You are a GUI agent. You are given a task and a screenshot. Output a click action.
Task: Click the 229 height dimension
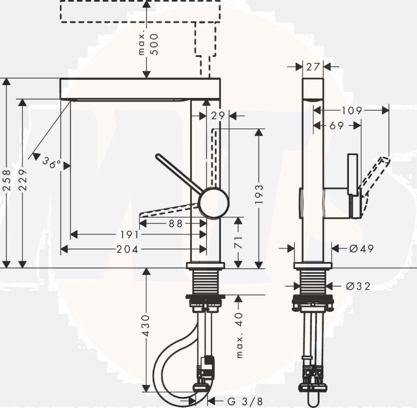click(23, 180)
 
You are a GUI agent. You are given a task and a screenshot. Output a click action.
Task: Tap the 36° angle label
click(51, 163)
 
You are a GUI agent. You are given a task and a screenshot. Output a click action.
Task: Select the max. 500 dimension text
click(149, 44)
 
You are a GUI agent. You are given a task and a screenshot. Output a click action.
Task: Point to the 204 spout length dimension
click(127, 249)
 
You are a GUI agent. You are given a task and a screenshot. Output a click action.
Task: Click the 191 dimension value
click(130, 235)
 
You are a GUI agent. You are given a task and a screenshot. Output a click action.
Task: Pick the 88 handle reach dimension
click(176, 224)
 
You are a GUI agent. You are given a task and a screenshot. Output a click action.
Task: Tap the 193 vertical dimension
click(259, 195)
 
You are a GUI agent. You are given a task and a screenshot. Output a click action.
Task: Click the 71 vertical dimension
click(239, 242)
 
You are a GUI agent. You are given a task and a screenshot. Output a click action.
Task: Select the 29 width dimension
click(218, 115)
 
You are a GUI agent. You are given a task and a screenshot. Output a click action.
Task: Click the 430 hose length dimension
click(146, 325)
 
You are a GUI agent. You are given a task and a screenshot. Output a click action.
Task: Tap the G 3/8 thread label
click(245, 401)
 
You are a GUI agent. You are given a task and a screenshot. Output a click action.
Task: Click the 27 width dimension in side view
click(313, 67)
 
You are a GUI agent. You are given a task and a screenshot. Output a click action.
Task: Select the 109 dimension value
click(352, 110)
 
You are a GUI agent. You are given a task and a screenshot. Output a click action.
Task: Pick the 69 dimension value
click(337, 125)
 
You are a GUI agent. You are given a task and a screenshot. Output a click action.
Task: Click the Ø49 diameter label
click(362, 248)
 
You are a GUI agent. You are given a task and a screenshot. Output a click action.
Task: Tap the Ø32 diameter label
click(358, 286)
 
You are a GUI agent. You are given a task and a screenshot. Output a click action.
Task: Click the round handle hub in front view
click(214, 203)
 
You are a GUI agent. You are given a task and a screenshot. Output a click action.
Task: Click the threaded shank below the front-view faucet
click(205, 281)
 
